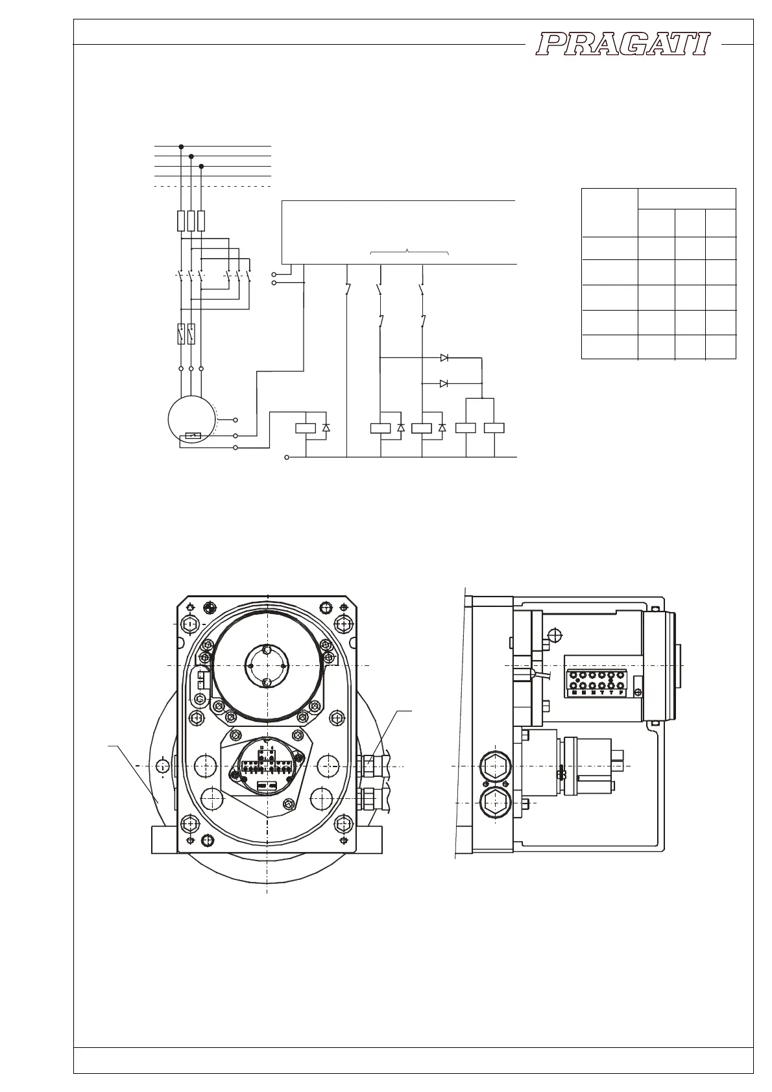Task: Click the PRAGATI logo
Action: coord(623,45)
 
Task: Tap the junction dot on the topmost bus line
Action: coord(181,147)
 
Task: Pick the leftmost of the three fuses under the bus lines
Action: coord(181,221)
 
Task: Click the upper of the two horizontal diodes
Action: coord(444,357)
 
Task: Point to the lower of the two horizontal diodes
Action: coord(444,383)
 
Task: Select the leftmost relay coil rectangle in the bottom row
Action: coord(305,427)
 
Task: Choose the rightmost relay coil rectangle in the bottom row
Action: coord(495,427)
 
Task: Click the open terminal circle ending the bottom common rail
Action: coord(287,457)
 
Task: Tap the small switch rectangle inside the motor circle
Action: coord(193,436)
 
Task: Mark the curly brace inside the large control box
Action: coord(409,252)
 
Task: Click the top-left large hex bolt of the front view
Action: coord(190,624)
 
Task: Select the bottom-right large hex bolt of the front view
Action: coord(343,824)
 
